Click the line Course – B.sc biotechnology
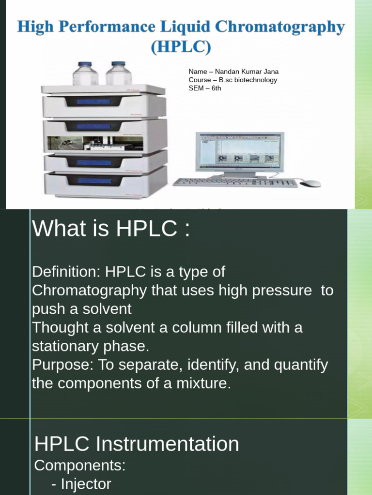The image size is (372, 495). (x=233, y=80)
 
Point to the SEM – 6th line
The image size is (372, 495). (x=205, y=88)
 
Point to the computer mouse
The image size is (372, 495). (x=310, y=183)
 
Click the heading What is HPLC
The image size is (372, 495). (x=111, y=228)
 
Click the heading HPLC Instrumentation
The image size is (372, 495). (x=137, y=444)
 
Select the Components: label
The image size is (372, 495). (x=80, y=466)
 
